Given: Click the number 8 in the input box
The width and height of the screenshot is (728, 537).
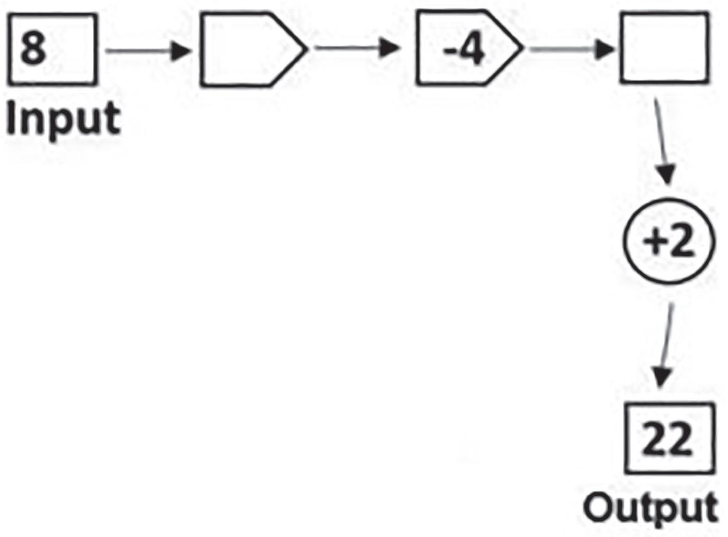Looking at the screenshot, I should coord(33,48).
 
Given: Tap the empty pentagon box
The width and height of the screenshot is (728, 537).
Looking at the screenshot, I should coord(245,50).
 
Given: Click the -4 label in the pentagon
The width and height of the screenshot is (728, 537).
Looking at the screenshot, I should coord(464,50).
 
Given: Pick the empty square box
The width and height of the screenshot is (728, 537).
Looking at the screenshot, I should coord(664,48).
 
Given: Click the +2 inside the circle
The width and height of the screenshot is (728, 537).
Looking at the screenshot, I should coord(668,241).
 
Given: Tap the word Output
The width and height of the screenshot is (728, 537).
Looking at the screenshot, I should coord(651,508).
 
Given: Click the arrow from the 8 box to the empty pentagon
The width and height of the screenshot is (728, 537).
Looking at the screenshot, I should coord(148,51).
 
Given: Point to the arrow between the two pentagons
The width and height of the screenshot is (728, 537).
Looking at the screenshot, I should coord(356,48).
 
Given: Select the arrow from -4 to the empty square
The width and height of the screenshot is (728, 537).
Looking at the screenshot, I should coord(571,50).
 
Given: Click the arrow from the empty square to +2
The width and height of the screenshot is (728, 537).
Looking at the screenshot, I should coord(662,141).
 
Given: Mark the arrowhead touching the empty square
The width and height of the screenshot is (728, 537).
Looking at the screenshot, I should coord(606,50).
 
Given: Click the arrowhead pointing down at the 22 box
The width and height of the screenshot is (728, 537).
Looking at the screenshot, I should coord(661,376).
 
